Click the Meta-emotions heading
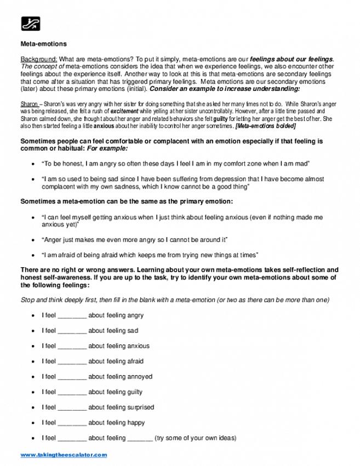coord(43,44)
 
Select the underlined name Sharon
coord(29,104)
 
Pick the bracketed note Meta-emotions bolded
coord(266,125)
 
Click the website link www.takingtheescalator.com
coord(64,455)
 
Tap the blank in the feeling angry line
coord(72,316)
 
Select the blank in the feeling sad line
coord(72,331)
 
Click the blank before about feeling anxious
coord(72,347)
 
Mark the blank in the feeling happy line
coord(72,423)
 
